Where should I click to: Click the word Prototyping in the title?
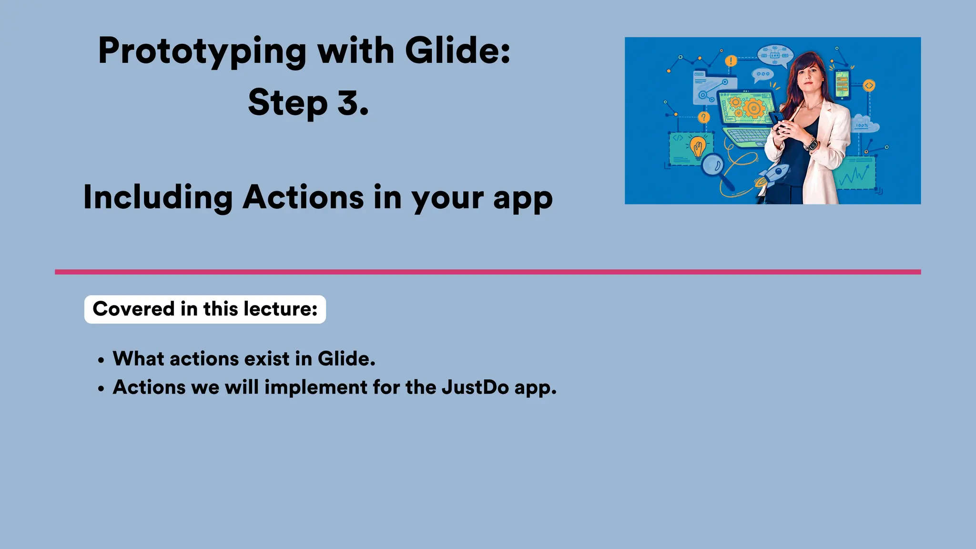tap(202, 51)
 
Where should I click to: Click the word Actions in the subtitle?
tap(303, 197)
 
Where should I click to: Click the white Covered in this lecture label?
tap(205, 309)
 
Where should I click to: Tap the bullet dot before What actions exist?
tap(101, 361)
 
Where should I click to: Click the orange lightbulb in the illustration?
tap(698, 147)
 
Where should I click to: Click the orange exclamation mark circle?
tap(731, 61)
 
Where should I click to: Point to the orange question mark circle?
tap(704, 117)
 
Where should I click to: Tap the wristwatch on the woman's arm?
tap(811, 143)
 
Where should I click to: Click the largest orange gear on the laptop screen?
tap(753, 108)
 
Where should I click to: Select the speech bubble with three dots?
tap(762, 74)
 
